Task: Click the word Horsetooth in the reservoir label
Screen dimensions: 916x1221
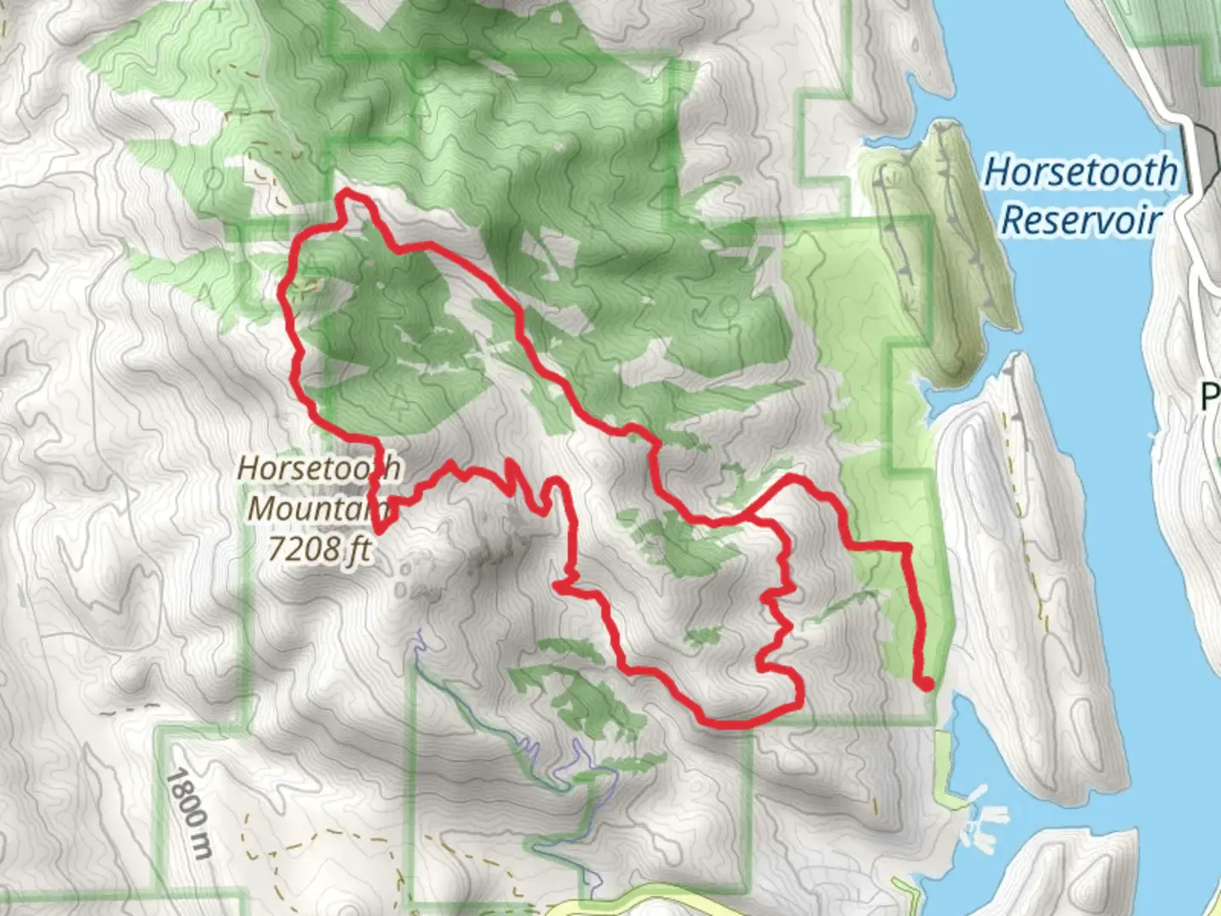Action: [1080, 172]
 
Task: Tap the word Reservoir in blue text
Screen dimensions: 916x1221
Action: [1080, 220]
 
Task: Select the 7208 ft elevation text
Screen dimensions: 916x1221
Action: [319, 550]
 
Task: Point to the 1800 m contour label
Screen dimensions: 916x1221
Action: [187, 813]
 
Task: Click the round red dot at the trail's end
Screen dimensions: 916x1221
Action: [926, 684]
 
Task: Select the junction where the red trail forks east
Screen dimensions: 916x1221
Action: [746, 514]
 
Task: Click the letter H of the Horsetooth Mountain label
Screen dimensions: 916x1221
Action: [248, 468]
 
